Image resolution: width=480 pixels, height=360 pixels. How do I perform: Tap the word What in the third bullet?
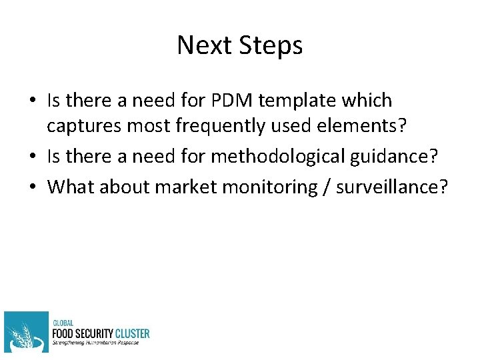(71, 187)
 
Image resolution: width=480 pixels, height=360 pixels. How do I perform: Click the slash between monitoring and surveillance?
(325, 187)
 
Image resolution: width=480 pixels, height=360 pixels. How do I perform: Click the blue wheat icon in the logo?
(26, 332)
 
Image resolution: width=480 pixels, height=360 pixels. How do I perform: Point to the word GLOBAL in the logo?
(65, 322)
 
